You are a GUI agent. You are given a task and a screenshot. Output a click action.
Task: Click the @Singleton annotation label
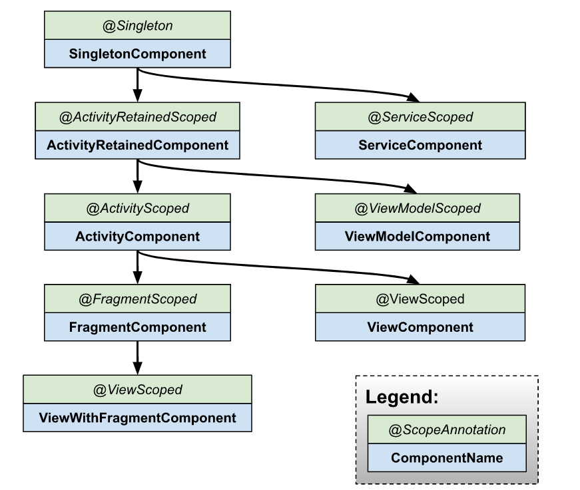[137, 26]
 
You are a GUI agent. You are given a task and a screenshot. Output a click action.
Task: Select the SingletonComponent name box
[137, 54]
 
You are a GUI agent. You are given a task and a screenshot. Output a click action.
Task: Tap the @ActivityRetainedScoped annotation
[137, 117]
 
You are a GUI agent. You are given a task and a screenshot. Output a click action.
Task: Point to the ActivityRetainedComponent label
[137, 145]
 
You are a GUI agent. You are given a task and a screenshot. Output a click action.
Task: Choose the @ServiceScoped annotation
[420, 117]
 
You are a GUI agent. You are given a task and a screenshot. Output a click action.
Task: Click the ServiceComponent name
[420, 145]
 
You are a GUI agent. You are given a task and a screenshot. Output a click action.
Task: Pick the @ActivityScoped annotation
[137, 208]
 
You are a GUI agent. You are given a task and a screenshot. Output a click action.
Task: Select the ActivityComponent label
[137, 236]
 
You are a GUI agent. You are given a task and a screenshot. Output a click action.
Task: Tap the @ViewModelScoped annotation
[417, 208]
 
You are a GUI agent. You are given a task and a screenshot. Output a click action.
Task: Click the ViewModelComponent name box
[417, 236]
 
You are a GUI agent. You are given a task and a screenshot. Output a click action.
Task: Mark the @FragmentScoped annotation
[137, 299]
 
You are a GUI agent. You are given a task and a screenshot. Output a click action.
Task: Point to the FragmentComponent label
[137, 327]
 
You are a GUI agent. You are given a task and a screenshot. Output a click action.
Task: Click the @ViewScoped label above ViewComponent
[420, 299]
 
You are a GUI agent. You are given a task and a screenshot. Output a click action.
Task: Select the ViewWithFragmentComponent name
[137, 418]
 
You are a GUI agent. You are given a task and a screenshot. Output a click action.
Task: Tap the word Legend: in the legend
[402, 398]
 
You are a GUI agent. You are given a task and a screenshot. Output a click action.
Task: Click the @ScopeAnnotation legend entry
[447, 430]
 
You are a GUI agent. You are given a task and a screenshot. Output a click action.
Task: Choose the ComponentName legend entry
[447, 458]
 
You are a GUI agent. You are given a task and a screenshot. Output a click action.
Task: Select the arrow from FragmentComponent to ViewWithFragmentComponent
[137, 359]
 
